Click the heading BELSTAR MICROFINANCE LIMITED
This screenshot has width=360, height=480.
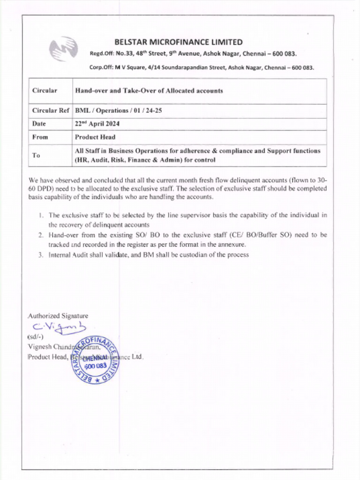179,42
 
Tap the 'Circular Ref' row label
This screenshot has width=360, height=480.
51,111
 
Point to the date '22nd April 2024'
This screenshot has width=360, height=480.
97,124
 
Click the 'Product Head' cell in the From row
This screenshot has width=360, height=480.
95,137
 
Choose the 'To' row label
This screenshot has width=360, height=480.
36,156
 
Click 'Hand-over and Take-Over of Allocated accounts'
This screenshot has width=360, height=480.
149,91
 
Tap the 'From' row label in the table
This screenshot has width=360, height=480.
40,137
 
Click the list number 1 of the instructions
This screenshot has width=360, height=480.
41,216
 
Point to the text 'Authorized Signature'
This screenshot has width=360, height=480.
58,316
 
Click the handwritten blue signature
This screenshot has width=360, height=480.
60,327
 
